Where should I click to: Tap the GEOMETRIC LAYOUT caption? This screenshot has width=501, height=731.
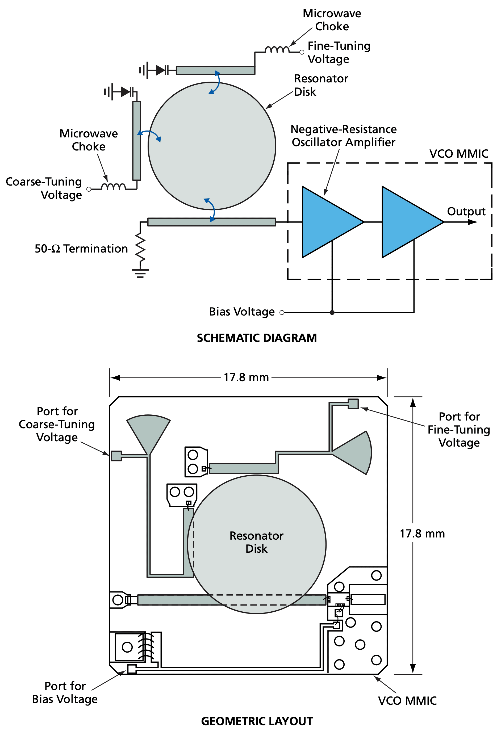(257, 721)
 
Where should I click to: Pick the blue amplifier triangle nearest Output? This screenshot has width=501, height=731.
(408, 222)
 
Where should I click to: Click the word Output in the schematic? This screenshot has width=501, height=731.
(466, 211)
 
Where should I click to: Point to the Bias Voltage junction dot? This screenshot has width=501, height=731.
(332, 312)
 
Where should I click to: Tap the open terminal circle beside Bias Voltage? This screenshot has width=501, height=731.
(282, 312)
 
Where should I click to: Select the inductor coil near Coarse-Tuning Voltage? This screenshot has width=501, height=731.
(113, 187)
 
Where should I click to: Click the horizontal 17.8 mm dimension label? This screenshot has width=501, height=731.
(246, 377)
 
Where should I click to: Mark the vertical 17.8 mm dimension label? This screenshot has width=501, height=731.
(422, 533)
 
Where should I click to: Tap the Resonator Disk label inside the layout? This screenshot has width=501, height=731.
(256, 542)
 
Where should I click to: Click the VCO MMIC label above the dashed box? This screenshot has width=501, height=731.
(458, 153)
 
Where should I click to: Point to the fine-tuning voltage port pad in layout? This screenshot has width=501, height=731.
(353, 404)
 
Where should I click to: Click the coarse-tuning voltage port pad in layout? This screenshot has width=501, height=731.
(116, 456)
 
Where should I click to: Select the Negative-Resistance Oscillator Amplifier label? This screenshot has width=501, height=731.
(343, 136)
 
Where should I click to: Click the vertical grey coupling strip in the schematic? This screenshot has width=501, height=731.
(137, 141)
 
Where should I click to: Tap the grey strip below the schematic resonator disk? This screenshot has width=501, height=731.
(211, 222)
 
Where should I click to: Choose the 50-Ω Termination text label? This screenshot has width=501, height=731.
(81, 249)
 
